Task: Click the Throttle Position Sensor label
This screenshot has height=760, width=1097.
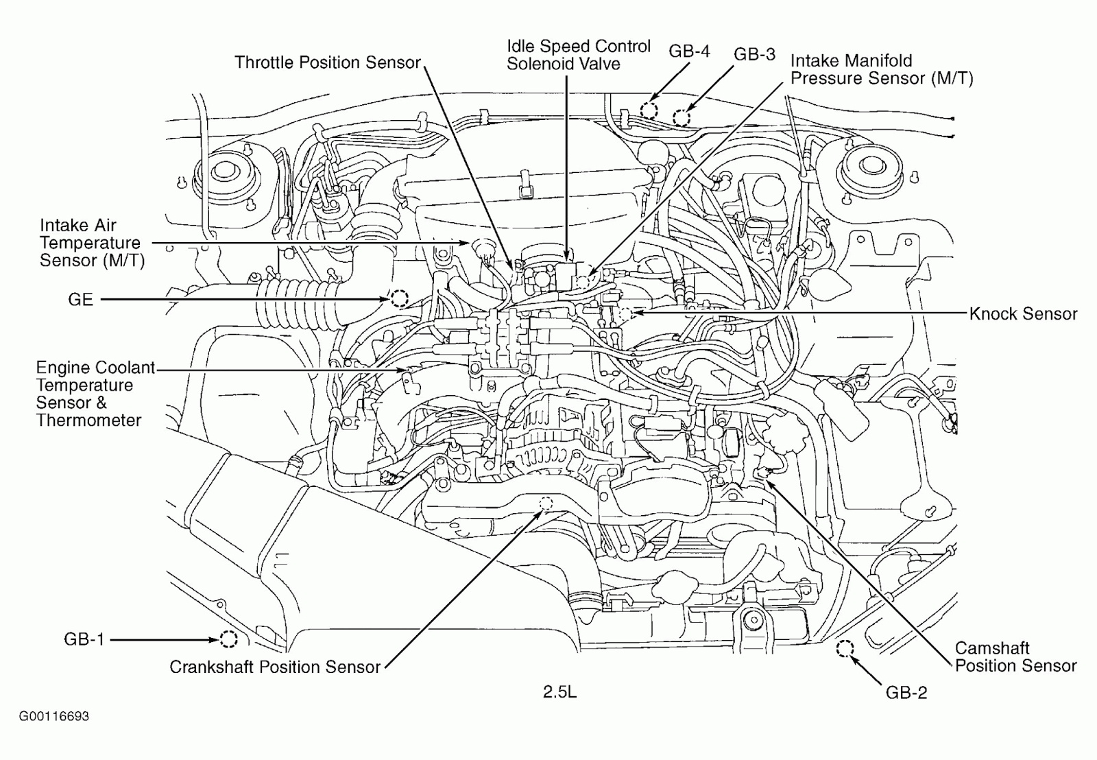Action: pos(327,62)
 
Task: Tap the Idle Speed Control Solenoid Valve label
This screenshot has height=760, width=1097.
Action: pos(578,55)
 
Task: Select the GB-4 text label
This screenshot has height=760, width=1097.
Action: pos(689,51)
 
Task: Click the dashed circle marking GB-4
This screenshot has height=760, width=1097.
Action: pos(649,110)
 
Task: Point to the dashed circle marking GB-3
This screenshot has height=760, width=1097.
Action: pos(681,118)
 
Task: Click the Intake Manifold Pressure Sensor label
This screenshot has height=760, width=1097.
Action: pos(881,69)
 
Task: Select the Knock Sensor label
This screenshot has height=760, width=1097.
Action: pos(1023,314)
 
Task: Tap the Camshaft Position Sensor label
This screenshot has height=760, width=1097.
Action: pos(1015,656)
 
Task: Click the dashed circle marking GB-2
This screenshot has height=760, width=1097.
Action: pos(845,648)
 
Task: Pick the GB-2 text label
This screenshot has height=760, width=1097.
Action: pos(906,693)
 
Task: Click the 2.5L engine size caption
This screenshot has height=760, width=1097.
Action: pos(559,692)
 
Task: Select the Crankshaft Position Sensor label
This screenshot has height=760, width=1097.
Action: pos(274,667)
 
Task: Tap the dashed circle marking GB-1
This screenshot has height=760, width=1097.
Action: pos(228,639)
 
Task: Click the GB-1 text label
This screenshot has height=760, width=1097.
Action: pos(84,639)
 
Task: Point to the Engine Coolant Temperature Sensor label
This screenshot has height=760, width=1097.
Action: pos(95,394)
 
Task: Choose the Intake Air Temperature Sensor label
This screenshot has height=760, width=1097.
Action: pos(91,243)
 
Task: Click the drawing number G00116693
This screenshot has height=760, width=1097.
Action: pos(53,716)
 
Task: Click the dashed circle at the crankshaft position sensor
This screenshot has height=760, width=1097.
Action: pos(546,503)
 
